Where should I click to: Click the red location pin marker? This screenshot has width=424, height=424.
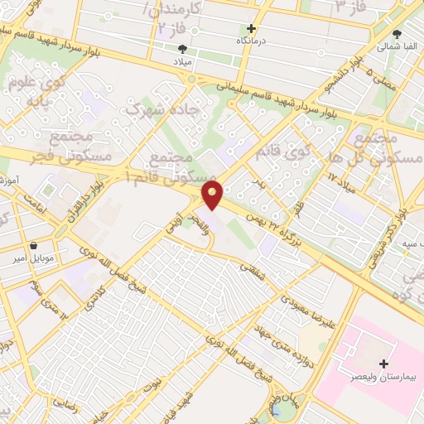tap(213, 195)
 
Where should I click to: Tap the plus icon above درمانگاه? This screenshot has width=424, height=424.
tap(252, 28)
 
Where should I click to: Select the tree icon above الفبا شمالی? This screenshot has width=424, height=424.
tap(397, 35)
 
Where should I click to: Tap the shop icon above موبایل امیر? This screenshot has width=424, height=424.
tap(32, 246)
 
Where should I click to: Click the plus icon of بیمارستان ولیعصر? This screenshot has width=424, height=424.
tap(383, 364)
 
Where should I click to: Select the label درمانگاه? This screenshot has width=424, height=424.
tap(255, 41)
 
